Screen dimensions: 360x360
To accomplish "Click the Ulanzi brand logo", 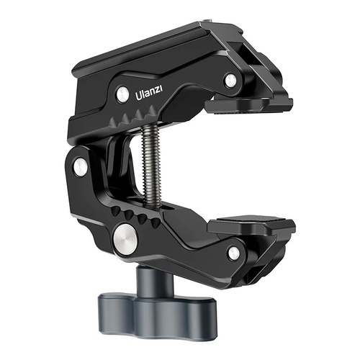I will point(151,94).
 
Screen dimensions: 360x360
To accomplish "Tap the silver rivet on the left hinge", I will point(81,166).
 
